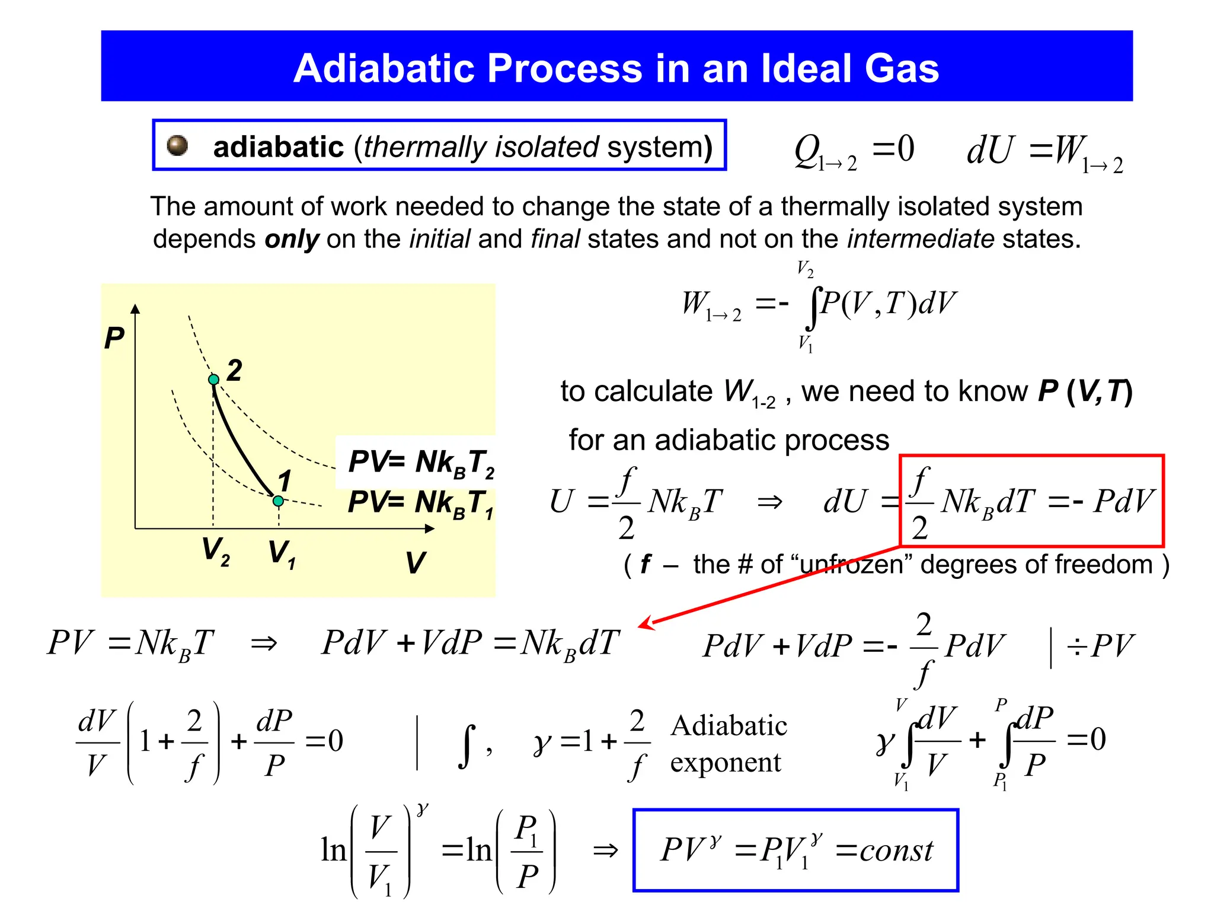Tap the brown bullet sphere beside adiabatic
click(x=177, y=145)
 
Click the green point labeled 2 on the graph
click(x=214, y=379)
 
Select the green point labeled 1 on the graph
click(x=278, y=501)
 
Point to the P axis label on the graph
click(x=114, y=338)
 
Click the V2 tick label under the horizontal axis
click(x=215, y=552)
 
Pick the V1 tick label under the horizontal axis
click(x=282, y=553)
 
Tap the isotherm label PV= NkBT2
click(x=421, y=462)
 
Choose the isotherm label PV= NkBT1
click(x=420, y=503)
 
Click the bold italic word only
click(x=292, y=239)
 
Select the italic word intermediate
click(x=920, y=239)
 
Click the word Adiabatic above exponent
click(x=729, y=725)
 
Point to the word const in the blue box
click(x=896, y=851)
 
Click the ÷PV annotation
click(x=1100, y=645)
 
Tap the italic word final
click(x=555, y=239)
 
